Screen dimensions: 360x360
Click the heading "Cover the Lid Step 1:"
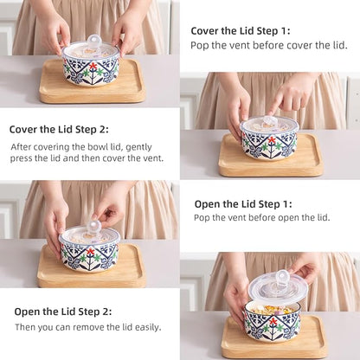pos(241,31)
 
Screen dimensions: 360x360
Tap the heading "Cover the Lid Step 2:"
pos(59,129)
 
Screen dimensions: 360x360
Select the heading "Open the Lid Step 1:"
pos(243,204)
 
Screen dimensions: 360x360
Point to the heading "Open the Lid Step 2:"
pos(63,312)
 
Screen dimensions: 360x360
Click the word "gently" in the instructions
pos(138,147)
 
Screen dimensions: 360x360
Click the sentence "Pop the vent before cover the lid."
pos(269,46)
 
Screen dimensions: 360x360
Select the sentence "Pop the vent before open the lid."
pos(261,217)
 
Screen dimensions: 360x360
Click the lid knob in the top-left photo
pos(94,42)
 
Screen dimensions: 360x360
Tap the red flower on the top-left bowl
pos(93,67)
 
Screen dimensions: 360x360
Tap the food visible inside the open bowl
pos(272,311)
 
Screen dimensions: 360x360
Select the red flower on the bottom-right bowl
pos(273,321)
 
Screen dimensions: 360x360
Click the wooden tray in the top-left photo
pos(92,82)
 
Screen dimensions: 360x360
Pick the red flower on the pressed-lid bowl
pos(272,140)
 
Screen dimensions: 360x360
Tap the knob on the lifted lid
pos(281,277)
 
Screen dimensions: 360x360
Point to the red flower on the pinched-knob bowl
pos(91,251)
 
